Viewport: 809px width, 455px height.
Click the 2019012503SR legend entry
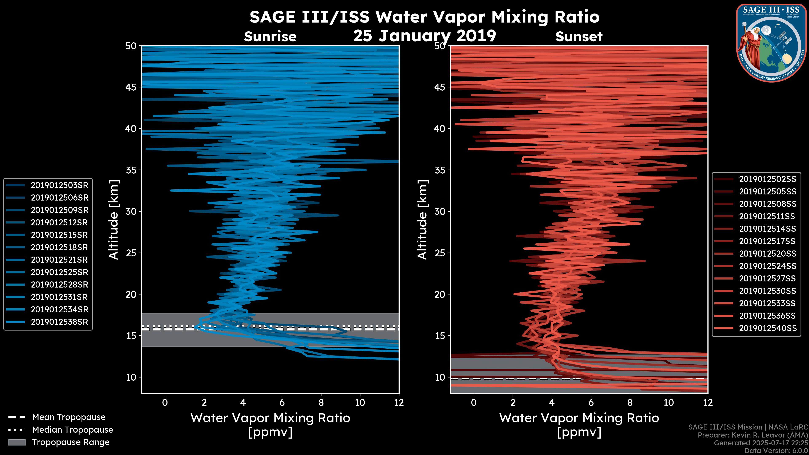(59, 185)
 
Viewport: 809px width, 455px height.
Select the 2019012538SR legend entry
(59, 322)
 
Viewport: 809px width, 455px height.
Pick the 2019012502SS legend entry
(767, 179)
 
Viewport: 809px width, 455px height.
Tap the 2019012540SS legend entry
(767, 328)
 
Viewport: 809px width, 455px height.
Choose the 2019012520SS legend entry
(767, 254)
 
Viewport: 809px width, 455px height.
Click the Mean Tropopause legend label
(69, 417)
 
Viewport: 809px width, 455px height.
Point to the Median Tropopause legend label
(72, 430)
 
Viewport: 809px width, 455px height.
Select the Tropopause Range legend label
(71, 442)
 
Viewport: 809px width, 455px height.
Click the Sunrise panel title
(270, 37)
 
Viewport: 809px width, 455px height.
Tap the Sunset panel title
(579, 37)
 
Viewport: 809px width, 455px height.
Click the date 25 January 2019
(425, 36)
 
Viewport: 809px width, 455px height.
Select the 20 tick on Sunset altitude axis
(440, 294)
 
